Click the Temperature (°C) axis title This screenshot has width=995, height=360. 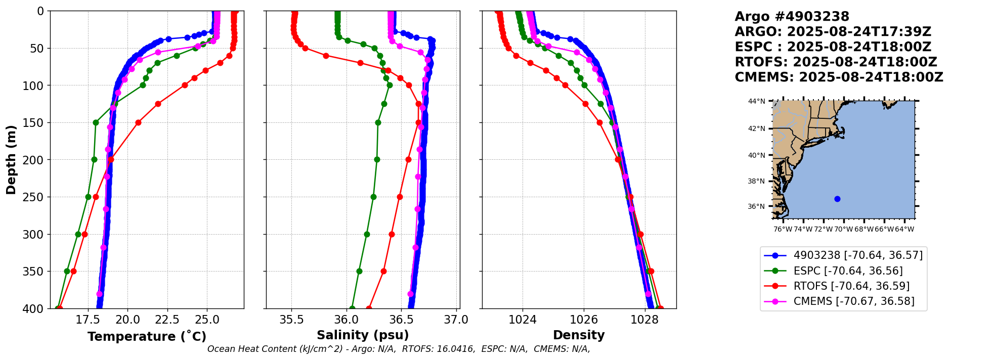147,336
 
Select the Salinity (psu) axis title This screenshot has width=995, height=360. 363,335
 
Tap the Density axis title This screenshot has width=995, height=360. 579,335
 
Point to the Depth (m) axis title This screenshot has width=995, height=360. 11,160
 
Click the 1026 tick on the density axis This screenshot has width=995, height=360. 584,320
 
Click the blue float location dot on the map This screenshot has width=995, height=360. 837,199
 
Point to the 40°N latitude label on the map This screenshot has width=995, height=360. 757,155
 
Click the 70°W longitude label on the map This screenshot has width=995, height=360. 844,229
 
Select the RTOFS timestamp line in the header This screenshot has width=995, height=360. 836,62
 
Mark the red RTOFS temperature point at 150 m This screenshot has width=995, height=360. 138,122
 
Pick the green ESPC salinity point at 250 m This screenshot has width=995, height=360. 373,197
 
